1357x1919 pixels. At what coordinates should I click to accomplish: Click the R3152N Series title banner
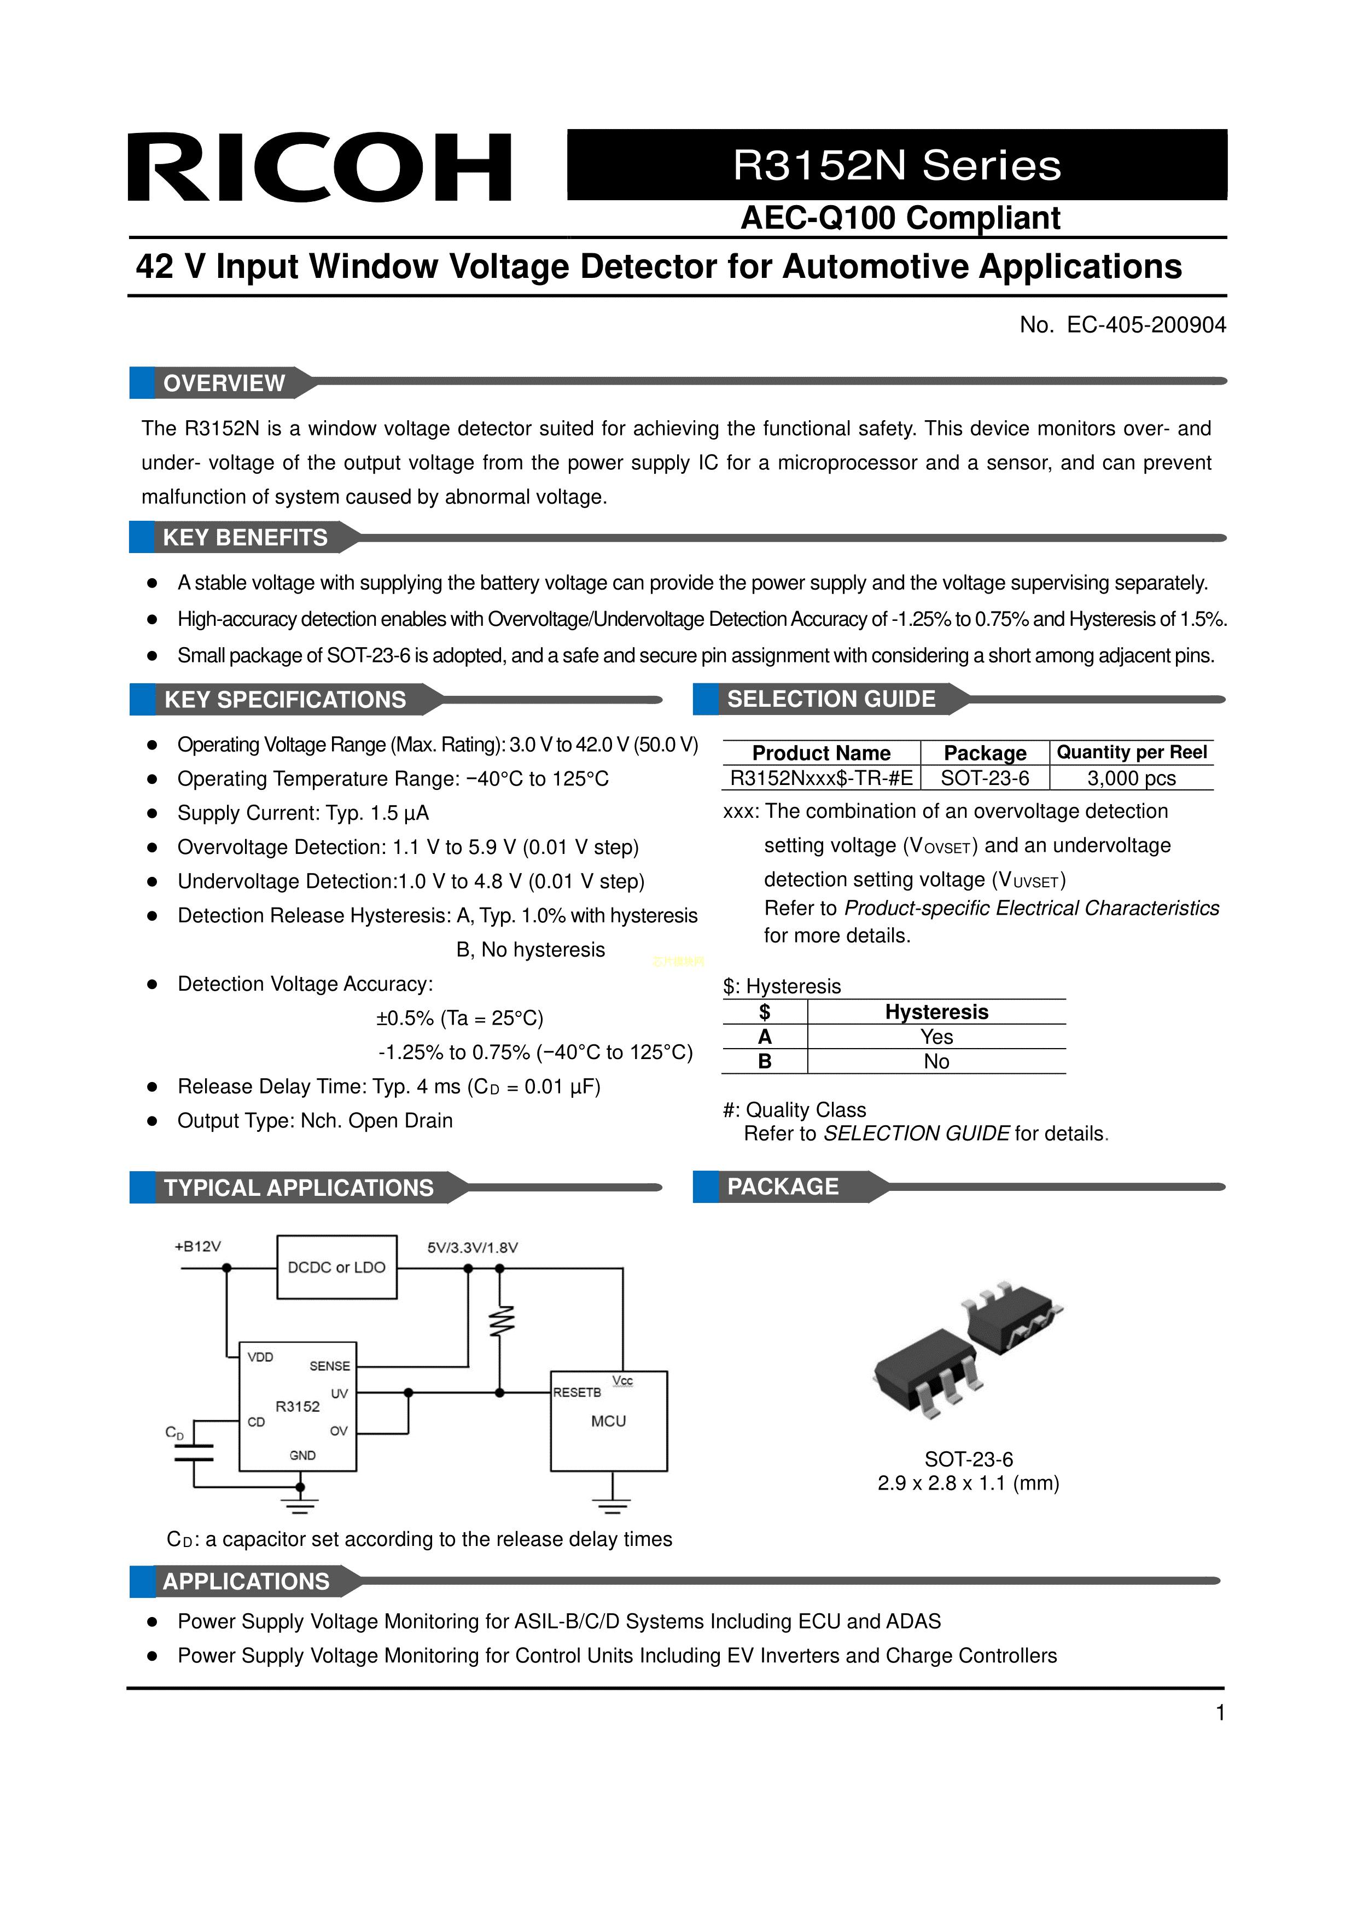tap(896, 165)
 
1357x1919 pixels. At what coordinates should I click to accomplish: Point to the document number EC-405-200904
tap(1145, 325)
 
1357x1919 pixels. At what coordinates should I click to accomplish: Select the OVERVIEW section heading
tap(224, 383)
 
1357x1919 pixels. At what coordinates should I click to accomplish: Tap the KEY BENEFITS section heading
tap(245, 537)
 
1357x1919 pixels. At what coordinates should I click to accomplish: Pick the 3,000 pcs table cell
tap(1132, 778)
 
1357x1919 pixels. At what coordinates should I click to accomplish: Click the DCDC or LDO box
tap(337, 1267)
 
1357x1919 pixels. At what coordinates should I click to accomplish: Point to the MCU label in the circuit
tap(608, 1421)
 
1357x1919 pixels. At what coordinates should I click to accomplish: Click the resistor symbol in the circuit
tap(500, 1322)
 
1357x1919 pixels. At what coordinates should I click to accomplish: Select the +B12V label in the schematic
tap(198, 1246)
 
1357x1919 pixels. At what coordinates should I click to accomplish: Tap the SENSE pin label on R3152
tap(329, 1366)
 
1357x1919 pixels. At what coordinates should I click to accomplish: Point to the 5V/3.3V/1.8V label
tap(473, 1248)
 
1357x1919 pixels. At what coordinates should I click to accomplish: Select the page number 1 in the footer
tap(1220, 1713)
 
